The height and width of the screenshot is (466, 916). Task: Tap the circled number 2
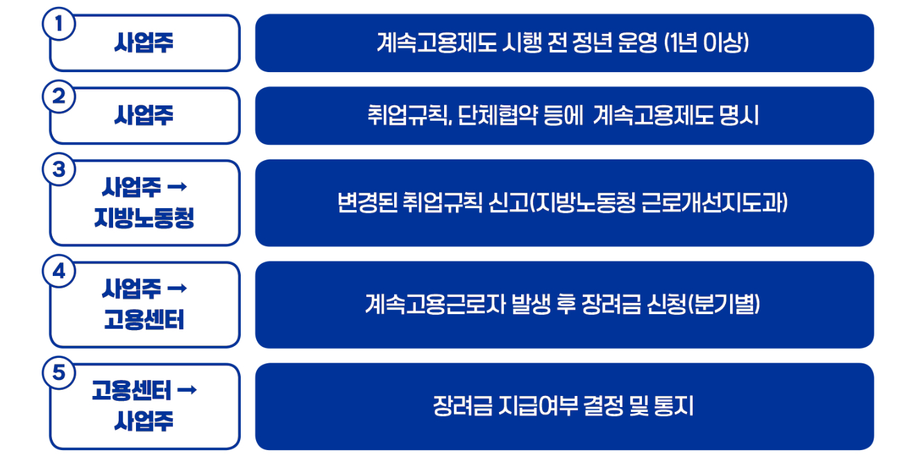coord(59,97)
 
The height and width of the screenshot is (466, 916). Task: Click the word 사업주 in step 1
coord(144,43)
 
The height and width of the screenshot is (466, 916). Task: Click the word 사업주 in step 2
coord(144,115)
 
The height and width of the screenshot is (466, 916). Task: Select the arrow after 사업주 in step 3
coord(178,187)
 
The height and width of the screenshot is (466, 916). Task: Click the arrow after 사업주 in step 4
coord(178,288)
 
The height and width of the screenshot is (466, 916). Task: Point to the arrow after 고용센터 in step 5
coord(187,390)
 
